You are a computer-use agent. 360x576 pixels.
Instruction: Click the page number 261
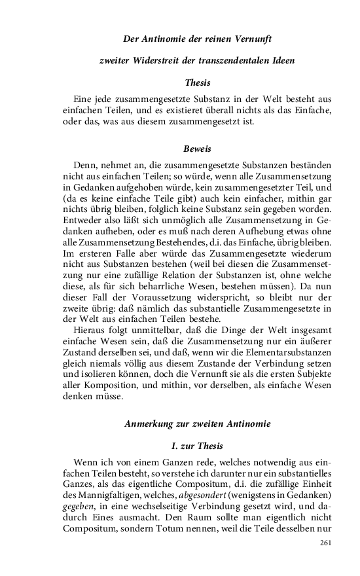(x=326, y=543)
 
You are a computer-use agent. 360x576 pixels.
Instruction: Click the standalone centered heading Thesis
(x=198, y=82)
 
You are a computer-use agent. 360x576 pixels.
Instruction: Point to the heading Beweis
(x=198, y=149)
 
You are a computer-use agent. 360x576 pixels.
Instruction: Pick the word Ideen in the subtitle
(x=283, y=60)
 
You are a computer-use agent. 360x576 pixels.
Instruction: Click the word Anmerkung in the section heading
(x=150, y=423)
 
